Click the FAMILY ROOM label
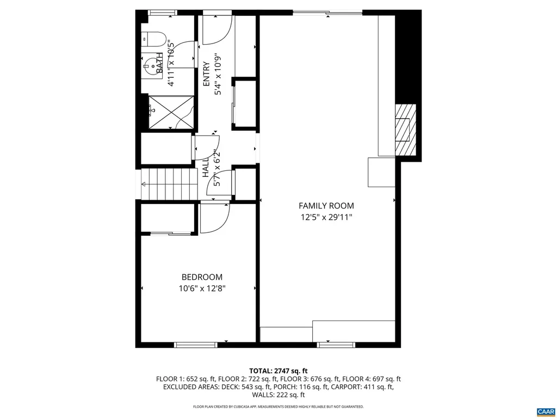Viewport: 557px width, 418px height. pos(326,206)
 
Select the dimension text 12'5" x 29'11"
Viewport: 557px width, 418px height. pos(326,217)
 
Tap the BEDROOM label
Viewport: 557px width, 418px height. pos(202,277)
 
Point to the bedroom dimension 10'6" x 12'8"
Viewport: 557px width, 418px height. pos(202,288)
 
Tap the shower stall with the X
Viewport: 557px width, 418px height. pos(171,112)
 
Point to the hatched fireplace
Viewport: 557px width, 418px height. pos(403,130)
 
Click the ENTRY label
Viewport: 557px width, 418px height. pos(206,74)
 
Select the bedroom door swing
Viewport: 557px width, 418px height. pos(214,218)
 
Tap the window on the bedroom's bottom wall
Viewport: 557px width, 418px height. pos(195,345)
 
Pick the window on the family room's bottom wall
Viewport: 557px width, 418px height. pos(336,345)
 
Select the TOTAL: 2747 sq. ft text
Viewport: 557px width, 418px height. pos(278,371)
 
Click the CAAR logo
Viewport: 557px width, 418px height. pos(544,411)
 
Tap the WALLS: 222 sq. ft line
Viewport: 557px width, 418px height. pos(278,395)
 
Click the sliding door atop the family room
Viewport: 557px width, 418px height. pos(327,13)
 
